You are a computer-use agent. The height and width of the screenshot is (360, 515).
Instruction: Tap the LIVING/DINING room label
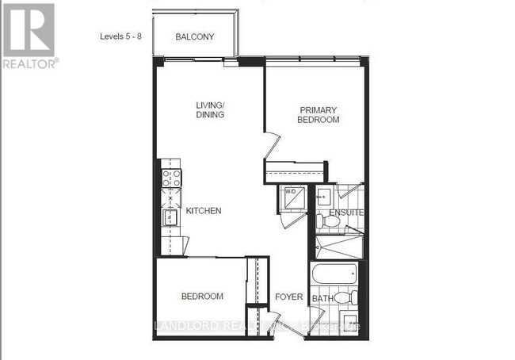tap(212, 109)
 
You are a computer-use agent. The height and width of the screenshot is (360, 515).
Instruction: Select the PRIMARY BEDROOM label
tap(319, 115)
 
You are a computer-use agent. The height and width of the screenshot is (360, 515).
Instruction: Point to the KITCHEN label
tap(203, 211)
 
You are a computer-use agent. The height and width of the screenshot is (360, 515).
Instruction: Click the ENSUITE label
tap(347, 213)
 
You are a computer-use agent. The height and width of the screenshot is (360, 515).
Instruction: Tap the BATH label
tap(322, 298)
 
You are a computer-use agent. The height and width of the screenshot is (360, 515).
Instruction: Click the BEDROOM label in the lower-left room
tap(202, 297)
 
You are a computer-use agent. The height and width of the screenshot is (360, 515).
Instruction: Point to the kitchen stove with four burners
tap(171, 178)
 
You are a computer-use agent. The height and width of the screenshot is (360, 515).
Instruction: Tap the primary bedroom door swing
tap(271, 146)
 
